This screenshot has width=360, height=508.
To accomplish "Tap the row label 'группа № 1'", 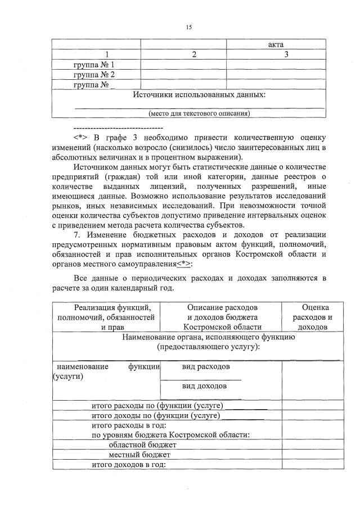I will [94, 65].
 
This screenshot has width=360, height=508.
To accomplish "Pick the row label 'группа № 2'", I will [94, 75].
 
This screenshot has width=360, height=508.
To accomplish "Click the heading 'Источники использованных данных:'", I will [199, 95].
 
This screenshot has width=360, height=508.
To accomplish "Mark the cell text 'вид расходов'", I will [205, 366].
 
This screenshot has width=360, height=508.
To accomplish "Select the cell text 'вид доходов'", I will [204, 386].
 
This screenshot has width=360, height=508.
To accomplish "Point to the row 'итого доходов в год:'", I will [129, 464].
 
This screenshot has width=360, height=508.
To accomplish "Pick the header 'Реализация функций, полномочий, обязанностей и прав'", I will [105, 317].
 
